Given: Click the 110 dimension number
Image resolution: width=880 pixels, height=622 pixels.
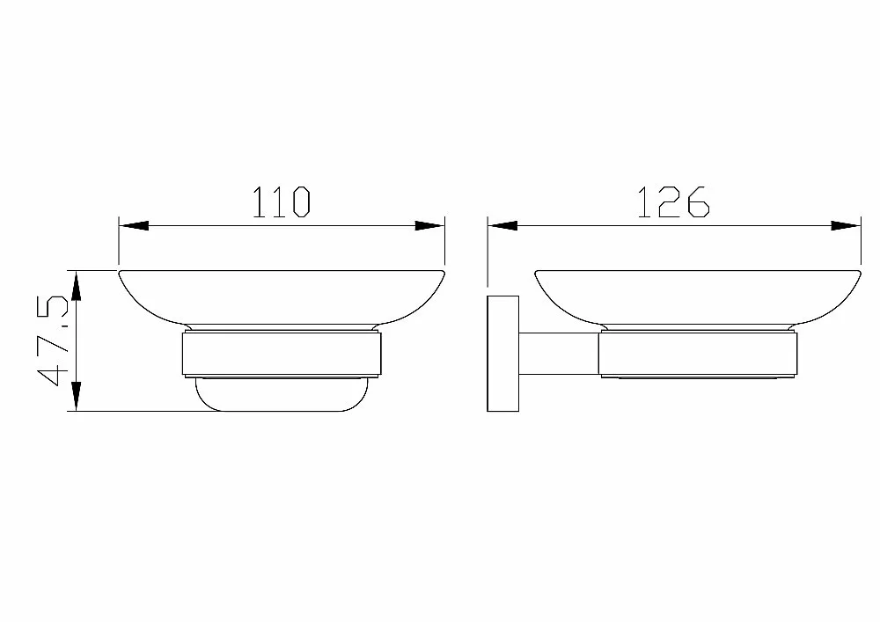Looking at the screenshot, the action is point(282,202).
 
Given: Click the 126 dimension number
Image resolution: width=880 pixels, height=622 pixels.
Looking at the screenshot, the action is point(674,202).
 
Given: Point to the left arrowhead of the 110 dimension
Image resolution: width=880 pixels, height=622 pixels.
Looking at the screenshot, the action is point(134,226).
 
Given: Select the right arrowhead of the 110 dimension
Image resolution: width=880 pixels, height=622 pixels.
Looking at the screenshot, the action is point(429,226).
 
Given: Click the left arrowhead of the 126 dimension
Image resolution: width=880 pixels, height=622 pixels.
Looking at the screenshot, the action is point(502,226).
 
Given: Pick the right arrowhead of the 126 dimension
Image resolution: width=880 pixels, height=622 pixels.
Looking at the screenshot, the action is point(845,226).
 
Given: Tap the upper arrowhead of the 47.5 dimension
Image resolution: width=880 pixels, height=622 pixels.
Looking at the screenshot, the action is point(76,285).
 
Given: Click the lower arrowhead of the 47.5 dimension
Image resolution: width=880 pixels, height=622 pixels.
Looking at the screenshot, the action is point(76,397).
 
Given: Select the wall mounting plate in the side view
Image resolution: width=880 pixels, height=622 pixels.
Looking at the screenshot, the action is point(502,354).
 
